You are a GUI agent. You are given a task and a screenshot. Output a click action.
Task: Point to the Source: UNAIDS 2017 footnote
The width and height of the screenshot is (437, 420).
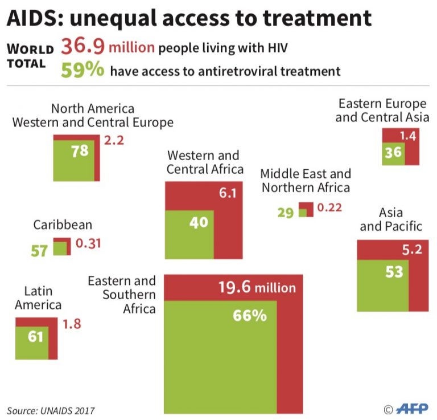(51, 410)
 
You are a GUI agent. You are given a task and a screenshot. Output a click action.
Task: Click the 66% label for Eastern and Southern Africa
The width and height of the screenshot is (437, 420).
(249, 316)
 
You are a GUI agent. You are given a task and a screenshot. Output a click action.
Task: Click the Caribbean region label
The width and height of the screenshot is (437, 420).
(63, 225)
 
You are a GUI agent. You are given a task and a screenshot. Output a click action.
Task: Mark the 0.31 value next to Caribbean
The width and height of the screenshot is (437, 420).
(88, 243)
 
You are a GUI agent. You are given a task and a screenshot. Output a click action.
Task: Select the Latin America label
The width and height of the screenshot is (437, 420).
(38, 298)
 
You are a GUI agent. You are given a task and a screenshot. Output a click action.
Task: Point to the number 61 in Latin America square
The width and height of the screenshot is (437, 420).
(35, 337)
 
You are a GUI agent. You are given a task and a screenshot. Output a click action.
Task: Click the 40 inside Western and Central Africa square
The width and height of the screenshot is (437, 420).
(199, 222)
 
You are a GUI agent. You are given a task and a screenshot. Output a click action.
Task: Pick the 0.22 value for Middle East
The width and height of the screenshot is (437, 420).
(329, 207)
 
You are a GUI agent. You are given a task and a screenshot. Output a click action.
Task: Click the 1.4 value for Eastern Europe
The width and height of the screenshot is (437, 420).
(407, 136)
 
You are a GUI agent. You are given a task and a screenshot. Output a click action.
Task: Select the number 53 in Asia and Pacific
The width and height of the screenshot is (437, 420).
(393, 272)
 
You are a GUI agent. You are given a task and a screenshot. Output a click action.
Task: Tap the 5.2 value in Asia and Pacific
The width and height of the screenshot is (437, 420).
(412, 249)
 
